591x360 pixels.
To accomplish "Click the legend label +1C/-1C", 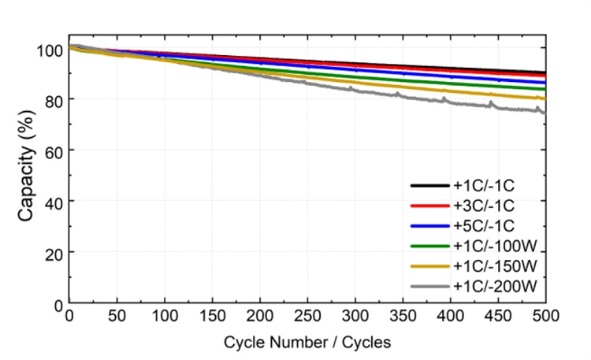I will [x=489, y=186].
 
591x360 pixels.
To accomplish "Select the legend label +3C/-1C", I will [x=489, y=206].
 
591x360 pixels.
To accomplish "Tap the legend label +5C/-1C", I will [x=489, y=225].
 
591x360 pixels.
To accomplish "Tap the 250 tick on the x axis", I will [x=307, y=317].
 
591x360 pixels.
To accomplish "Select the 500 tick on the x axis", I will [x=545, y=317].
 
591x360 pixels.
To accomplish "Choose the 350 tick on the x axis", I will [x=403, y=317].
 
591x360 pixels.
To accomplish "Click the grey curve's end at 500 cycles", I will [x=545, y=112].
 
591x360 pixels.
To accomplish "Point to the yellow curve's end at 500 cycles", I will [x=545, y=98].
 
